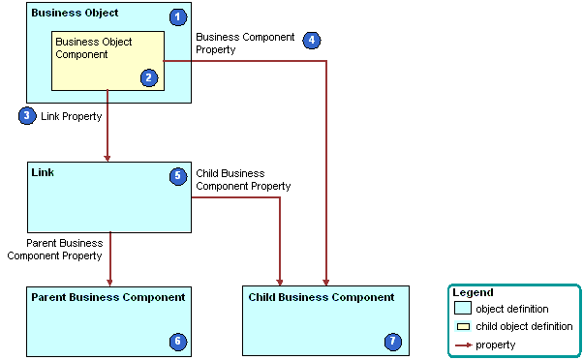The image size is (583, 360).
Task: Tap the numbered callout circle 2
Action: pyautogui.click(x=148, y=77)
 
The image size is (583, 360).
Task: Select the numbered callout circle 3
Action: pyautogui.click(x=27, y=115)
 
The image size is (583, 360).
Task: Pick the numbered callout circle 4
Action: pyautogui.click(x=311, y=40)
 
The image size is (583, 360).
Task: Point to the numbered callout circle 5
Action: pyautogui.click(x=177, y=176)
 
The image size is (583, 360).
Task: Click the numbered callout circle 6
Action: pyautogui.click(x=176, y=341)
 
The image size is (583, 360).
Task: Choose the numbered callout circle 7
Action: pyautogui.click(x=392, y=341)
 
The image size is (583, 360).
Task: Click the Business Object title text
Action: pyautogui.click(x=75, y=15)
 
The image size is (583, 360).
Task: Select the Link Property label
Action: pyautogui.click(x=71, y=116)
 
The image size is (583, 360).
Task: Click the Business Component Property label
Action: pyautogui.click(x=245, y=43)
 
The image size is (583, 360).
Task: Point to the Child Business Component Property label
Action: pyautogui.click(x=243, y=180)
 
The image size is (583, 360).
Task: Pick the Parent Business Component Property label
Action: pyautogui.click(x=54, y=250)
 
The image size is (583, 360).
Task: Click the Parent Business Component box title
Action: pyautogui.click(x=107, y=297)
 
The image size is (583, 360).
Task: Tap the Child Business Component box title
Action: pyautogui.click(x=322, y=297)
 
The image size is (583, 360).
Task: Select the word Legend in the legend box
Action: pyautogui.click(x=473, y=292)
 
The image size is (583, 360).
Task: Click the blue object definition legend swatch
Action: pyautogui.click(x=463, y=309)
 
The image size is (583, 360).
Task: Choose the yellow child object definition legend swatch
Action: pyautogui.click(x=463, y=326)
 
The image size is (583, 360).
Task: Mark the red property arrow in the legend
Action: pyautogui.click(x=463, y=345)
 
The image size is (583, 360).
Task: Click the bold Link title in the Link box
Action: pyautogui.click(x=43, y=172)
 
